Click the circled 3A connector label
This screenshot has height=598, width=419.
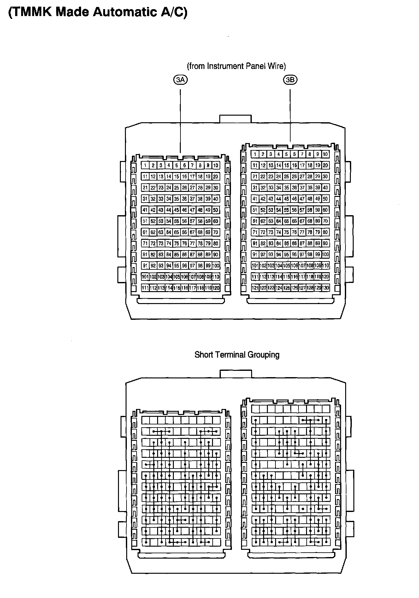pos(180,80)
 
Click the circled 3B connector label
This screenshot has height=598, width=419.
pos(290,80)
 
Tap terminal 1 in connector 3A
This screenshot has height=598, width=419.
pos(145,165)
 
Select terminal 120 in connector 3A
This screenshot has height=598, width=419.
pos(216,288)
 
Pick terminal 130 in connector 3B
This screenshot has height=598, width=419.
pos(326,288)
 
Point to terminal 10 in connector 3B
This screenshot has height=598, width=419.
pos(326,154)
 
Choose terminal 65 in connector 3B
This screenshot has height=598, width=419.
pos(286,221)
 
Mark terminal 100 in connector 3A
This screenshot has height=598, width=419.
pos(216,266)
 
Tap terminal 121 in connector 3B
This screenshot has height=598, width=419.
pos(255,288)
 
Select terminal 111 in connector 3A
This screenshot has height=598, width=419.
pos(145,288)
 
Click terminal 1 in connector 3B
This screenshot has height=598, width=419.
pos(255,154)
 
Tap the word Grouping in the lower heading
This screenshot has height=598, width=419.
pos(263,355)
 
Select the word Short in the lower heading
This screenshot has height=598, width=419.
pos(204,355)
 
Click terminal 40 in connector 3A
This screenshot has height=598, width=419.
pos(216,199)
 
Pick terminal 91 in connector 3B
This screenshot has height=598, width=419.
pos(255,255)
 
